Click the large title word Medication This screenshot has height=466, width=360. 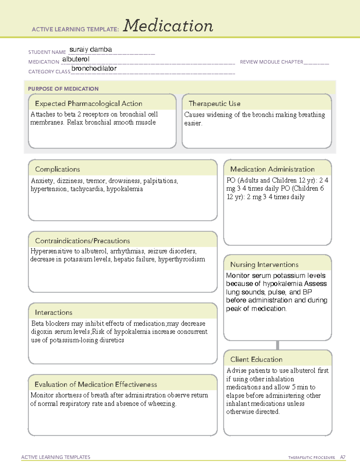168,26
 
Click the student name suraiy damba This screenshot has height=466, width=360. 91,50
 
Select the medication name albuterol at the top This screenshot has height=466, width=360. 76,59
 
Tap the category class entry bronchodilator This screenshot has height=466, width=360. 94,69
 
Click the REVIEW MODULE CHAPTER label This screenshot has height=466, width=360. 271,62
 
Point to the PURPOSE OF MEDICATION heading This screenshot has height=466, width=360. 63,89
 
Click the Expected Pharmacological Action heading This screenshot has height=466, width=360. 88,104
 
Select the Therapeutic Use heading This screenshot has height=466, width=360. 214,104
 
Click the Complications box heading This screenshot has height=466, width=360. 58,169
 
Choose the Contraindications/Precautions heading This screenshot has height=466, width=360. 82,241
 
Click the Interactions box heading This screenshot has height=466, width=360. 54,312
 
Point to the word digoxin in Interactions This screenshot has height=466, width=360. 40,332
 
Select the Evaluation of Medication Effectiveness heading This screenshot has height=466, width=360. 96,384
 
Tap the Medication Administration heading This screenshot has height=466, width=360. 272,169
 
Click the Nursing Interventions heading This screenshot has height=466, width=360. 264,264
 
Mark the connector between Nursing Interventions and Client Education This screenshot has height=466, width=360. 277,345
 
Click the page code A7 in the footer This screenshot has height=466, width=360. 343,457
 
